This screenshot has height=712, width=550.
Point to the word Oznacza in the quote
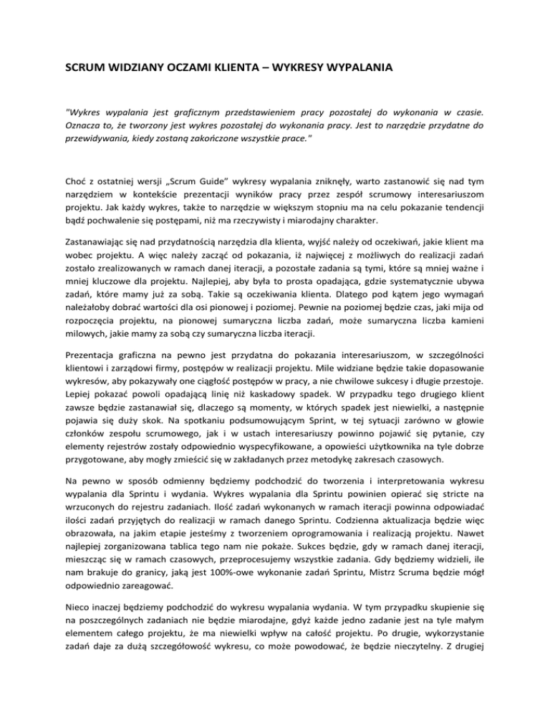[x=84, y=127]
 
